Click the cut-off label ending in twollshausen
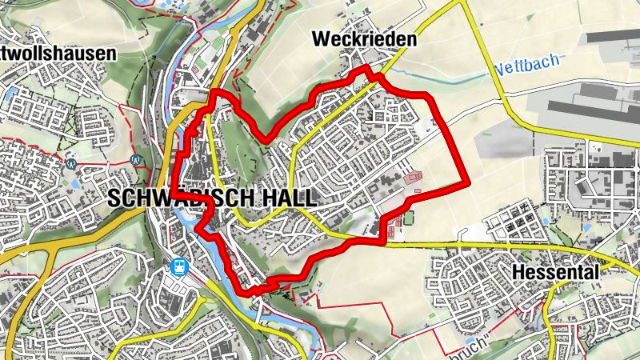point(58,54)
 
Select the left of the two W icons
point(72,162)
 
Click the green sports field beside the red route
point(409,217)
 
